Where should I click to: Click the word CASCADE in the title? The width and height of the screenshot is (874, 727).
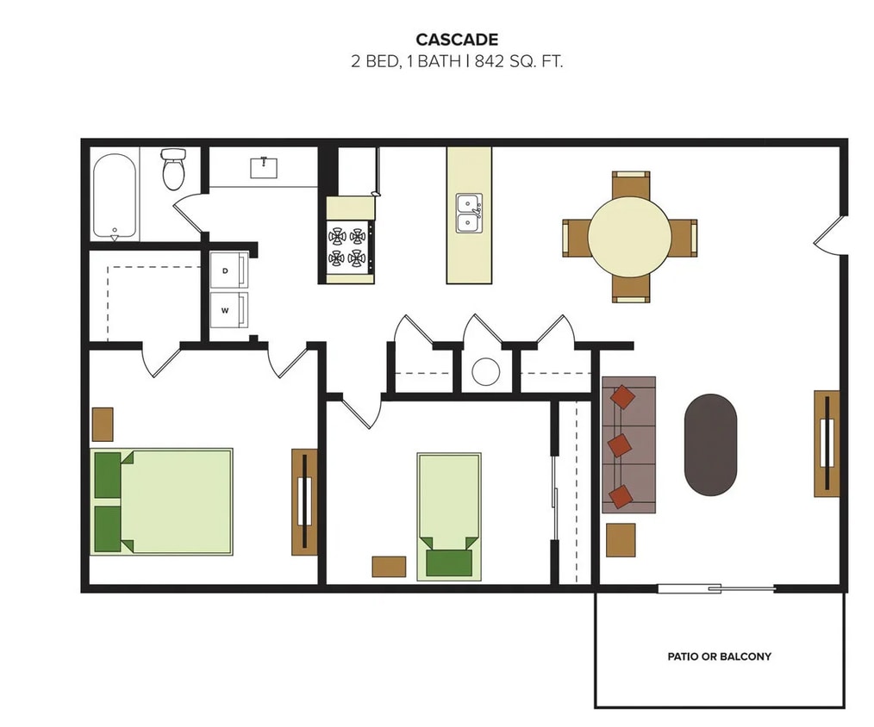click(456, 39)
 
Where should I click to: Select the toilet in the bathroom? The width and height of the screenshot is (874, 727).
click(174, 169)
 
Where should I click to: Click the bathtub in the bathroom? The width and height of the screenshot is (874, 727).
click(115, 196)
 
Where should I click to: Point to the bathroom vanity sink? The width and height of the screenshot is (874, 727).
click(264, 167)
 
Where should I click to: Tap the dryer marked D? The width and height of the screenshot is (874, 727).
click(229, 270)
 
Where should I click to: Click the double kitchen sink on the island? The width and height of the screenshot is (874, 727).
click(469, 213)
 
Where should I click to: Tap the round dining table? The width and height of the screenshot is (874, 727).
click(629, 236)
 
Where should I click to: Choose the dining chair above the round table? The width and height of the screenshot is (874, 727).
click(631, 183)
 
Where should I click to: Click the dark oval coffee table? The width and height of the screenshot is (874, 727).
click(710, 444)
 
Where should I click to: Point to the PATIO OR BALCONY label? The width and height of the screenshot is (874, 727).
click(719, 656)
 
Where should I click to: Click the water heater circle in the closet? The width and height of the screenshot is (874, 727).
click(486, 371)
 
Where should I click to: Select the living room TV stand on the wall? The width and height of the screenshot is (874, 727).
click(826, 443)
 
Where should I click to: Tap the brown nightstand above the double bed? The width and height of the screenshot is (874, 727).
click(103, 424)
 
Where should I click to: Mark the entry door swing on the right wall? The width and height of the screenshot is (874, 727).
click(829, 235)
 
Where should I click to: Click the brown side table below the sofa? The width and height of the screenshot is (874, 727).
click(621, 540)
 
